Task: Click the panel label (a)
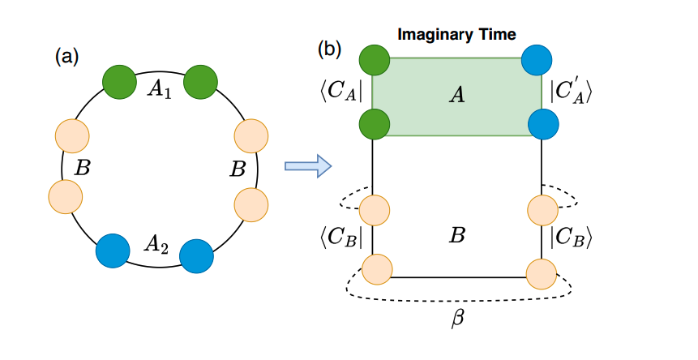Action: coord(66,57)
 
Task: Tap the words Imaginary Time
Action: coord(456,35)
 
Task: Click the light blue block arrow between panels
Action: coord(309,165)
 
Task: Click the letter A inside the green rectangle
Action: coord(456,96)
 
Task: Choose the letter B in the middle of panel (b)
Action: coord(456,236)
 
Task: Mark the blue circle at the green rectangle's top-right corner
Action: coord(536,60)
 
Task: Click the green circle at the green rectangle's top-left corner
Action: coord(374,60)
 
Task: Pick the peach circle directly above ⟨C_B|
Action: coord(375,209)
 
